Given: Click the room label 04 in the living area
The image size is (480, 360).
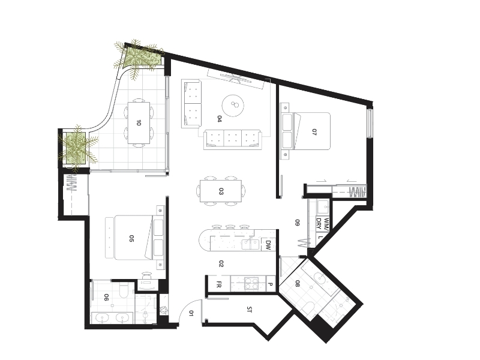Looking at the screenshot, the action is (219, 119).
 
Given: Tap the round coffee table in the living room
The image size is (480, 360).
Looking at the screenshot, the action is (233, 106).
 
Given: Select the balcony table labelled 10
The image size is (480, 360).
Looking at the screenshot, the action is (139, 123).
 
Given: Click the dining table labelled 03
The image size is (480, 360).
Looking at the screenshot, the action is (221, 191).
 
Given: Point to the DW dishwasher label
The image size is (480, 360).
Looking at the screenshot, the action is (268, 245).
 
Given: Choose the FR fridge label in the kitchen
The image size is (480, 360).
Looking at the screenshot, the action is (219, 284).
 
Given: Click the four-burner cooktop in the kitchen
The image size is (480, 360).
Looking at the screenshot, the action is (251, 283).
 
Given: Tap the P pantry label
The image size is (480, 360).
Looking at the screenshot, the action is (271, 284).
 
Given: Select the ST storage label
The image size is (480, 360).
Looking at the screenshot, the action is (249, 310).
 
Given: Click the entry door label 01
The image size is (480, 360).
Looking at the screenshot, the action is (191, 313).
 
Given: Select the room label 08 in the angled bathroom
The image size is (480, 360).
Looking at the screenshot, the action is (297, 284).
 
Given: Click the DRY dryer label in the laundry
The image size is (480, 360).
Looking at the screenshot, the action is (319, 223).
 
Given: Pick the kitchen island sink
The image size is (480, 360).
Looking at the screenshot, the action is (251, 245).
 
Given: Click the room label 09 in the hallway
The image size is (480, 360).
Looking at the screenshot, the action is (297, 223).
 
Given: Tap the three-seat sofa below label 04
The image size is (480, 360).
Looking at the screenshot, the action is (233, 139).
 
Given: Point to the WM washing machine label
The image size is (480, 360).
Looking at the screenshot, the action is (326, 224).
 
